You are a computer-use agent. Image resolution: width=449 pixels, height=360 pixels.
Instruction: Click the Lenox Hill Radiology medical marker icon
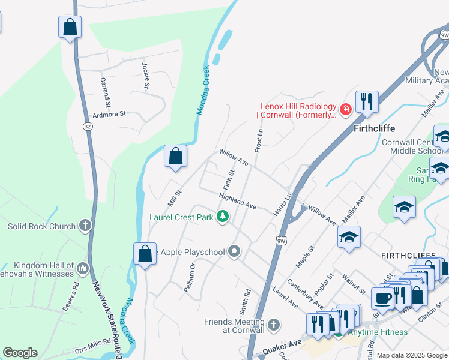(x=345, y=109)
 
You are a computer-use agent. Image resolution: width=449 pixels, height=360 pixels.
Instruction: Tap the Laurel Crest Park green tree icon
(x=223, y=217)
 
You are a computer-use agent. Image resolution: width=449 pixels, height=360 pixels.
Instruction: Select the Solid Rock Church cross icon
(x=85, y=226)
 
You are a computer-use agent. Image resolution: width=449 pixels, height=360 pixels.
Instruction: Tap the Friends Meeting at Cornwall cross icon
(x=274, y=325)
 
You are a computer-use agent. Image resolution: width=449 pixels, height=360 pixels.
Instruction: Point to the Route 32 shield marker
(x=88, y=126)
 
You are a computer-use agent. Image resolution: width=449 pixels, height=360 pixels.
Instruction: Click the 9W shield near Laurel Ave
(x=281, y=241)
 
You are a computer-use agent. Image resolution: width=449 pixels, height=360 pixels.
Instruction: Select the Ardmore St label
(x=109, y=113)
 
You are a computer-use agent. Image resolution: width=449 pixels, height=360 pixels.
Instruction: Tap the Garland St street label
(x=106, y=89)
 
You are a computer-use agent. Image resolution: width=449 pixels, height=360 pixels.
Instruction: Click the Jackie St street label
(x=146, y=75)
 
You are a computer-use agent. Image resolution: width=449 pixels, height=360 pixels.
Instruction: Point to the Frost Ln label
(x=259, y=140)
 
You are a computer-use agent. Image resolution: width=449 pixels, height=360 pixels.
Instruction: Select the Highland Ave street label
(x=238, y=202)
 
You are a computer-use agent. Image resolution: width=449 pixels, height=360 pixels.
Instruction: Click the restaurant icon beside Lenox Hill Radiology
(x=366, y=101)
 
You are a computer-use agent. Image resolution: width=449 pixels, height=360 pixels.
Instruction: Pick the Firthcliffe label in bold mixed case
(x=372, y=129)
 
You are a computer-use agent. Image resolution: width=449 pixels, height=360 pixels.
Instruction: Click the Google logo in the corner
(x=20, y=353)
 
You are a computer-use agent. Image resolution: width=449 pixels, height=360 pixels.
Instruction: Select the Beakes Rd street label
(x=70, y=297)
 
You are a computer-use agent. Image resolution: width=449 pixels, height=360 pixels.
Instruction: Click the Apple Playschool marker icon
(x=234, y=252)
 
